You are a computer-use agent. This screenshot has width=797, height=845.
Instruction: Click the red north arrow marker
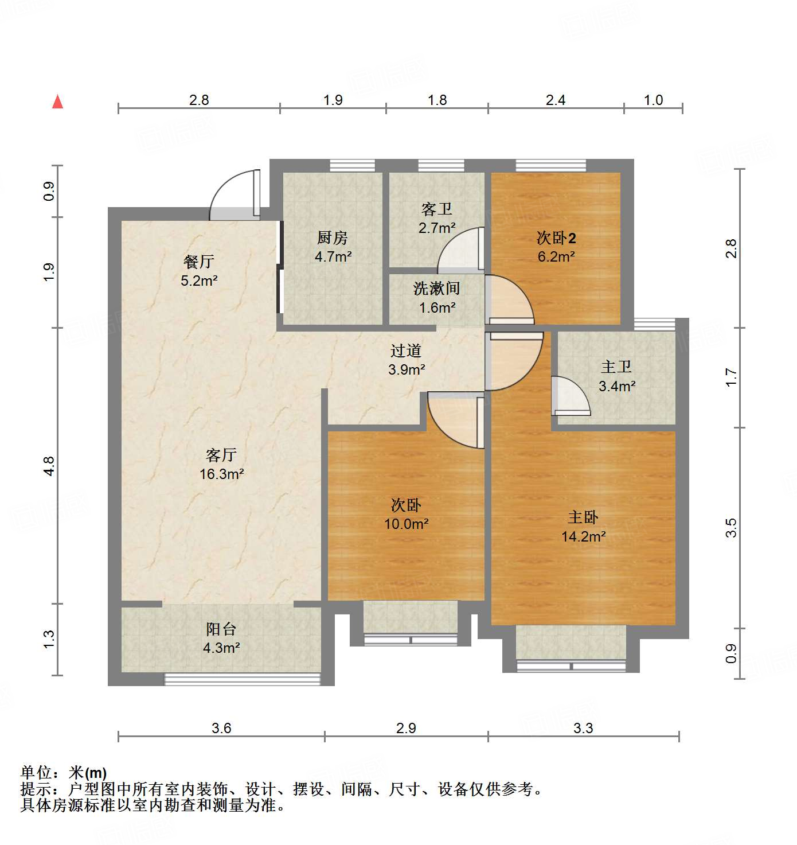tap(57, 102)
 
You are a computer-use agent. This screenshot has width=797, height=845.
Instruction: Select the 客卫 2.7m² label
tap(437, 218)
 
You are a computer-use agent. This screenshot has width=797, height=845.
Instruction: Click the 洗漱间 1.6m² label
tap(437, 298)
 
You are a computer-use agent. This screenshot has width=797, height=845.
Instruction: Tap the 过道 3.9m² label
tap(406, 360)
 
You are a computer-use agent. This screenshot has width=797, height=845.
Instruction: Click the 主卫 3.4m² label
tap(616, 376)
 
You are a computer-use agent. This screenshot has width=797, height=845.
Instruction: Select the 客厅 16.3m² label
tap(221, 464)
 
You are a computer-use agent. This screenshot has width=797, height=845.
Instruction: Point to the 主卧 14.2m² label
tap(583, 527)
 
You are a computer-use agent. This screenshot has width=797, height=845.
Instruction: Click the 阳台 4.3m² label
tap(221, 638)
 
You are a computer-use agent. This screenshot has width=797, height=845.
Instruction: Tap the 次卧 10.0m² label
tap(406, 514)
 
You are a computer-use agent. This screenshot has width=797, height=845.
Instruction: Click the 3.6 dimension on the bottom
tap(221, 728)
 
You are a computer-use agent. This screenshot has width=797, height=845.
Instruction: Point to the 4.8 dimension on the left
tap(49, 465)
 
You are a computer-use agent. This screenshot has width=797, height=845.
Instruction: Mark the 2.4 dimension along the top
tap(555, 100)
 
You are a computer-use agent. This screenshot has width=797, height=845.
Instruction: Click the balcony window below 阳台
tap(242, 679)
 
